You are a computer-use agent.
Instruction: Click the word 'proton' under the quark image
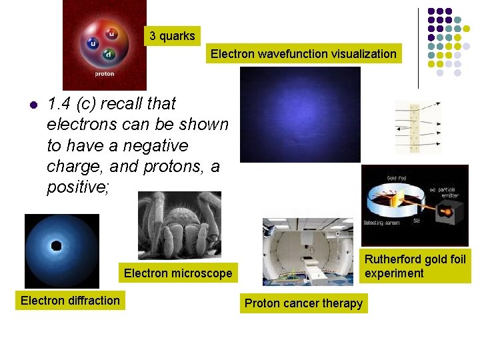point(104,74)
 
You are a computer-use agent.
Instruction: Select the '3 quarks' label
point(172,36)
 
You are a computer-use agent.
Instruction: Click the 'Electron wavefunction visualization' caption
point(303,54)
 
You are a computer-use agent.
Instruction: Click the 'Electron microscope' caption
point(178,273)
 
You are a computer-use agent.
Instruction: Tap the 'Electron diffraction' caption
point(70,300)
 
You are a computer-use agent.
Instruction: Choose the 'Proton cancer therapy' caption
point(303,303)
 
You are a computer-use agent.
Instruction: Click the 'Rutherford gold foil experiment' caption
point(415,265)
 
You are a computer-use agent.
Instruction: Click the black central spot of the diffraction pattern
point(57,246)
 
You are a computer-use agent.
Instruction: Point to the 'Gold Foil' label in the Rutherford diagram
point(398,179)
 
